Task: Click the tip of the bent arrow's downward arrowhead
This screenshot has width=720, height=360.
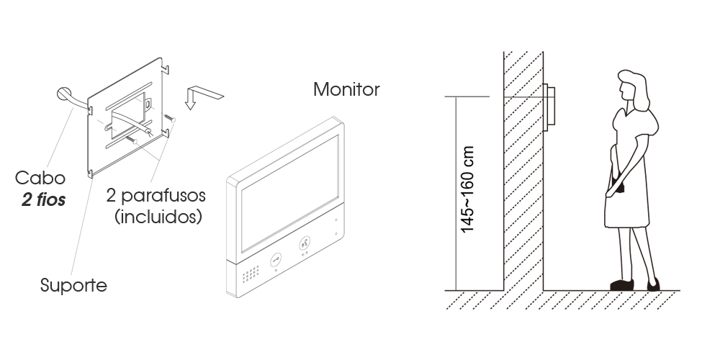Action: pyautogui.click(x=190, y=109)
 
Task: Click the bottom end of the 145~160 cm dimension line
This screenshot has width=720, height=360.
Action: pyautogui.click(x=456, y=290)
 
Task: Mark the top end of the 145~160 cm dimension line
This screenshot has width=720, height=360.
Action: pyautogui.click(x=456, y=97)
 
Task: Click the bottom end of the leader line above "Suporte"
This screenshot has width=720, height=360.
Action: pyautogui.click(x=71, y=275)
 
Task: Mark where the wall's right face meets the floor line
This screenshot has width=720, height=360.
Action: pyautogui.click(x=543, y=290)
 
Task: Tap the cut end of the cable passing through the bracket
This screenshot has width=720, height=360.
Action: pyautogui.click(x=149, y=132)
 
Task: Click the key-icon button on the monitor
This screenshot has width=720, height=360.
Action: pyautogui.click(x=276, y=260)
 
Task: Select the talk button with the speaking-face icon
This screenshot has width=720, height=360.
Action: pyautogui.click(x=305, y=243)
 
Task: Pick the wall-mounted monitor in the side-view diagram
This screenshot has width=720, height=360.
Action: pyautogui.click(x=549, y=105)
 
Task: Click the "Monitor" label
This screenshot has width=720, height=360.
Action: pyautogui.click(x=346, y=89)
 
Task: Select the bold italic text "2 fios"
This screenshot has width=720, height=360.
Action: pyautogui.click(x=43, y=199)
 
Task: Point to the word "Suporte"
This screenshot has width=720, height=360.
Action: pyautogui.click(x=73, y=285)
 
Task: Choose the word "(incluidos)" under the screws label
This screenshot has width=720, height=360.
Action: pyautogui.click(x=158, y=216)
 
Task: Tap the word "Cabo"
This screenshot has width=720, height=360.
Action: pyautogui.click(x=40, y=178)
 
